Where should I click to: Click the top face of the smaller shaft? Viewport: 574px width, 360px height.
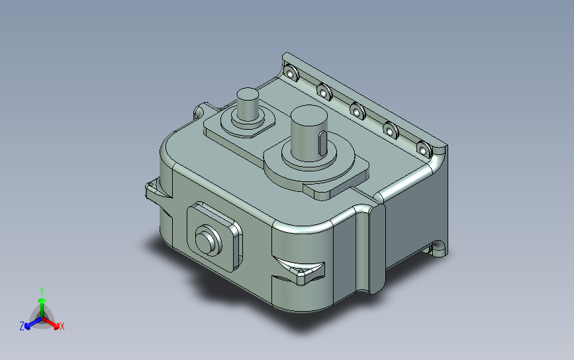click(x=248, y=94)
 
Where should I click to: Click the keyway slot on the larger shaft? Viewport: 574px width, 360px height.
click(x=322, y=143)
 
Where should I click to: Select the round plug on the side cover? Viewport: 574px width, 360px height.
click(x=208, y=240)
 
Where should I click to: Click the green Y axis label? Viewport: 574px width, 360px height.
click(x=42, y=291)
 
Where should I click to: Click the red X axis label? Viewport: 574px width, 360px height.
click(x=62, y=326)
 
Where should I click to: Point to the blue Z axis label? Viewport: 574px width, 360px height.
click(x=22, y=326)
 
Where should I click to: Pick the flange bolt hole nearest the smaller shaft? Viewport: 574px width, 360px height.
click(x=291, y=73)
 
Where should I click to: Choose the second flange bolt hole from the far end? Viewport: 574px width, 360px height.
click(x=324, y=93)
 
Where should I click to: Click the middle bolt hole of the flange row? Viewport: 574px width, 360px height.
click(x=358, y=111)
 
